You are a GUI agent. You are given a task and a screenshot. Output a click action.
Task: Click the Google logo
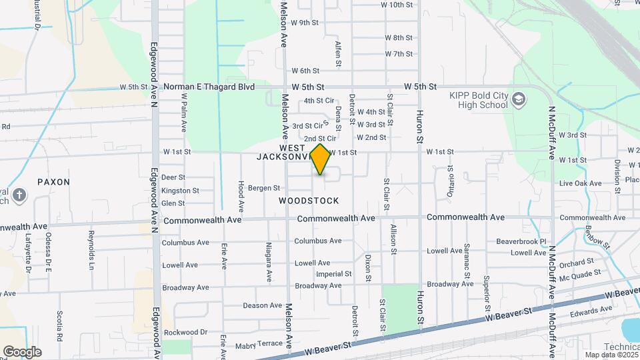click(x=22, y=351)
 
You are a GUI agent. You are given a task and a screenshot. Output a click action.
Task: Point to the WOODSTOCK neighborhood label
click(x=309, y=201)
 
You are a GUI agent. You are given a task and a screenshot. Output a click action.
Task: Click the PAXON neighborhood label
click(x=53, y=181)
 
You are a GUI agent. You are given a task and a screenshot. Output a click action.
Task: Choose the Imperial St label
click(x=333, y=274)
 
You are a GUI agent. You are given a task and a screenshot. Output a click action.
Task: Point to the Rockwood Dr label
click(x=186, y=332)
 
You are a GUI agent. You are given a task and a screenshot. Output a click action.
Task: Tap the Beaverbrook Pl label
click(x=521, y=241)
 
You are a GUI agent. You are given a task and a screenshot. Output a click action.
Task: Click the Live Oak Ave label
click(x=581, y=183)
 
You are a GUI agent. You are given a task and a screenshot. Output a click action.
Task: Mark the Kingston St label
click(x=180, y=191)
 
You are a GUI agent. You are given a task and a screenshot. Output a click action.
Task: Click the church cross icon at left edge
click(x=20, y=195)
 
